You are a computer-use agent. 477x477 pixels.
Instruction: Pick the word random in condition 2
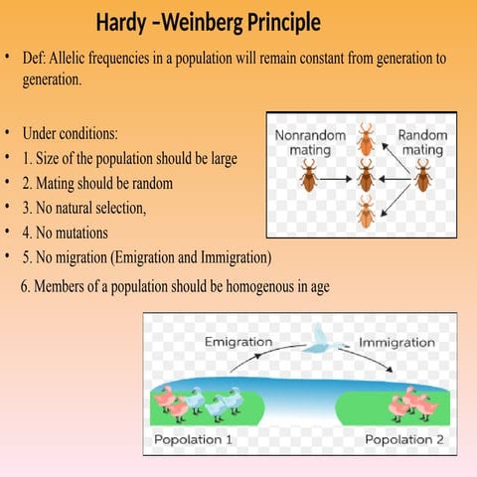[x=153, y=184]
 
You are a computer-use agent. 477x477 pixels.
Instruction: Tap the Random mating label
[x=421, y=142]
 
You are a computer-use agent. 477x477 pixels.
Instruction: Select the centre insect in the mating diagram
[x=366, y=178]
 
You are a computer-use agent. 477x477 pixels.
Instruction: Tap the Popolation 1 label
[x=194, y=438]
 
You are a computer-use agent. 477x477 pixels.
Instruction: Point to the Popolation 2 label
[x=404, y=438]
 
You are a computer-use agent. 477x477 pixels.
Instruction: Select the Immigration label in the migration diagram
[x=396, y=342]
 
